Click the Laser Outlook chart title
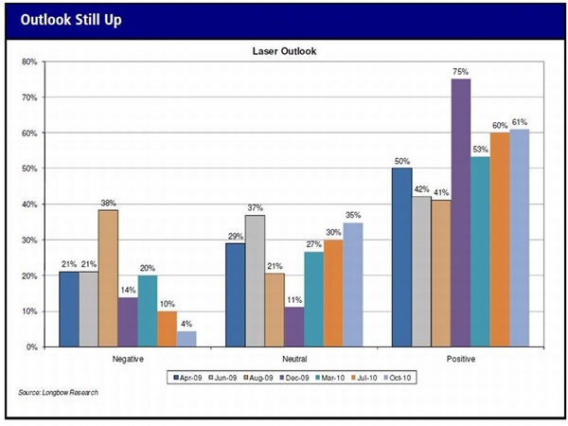284,50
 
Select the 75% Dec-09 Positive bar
460,212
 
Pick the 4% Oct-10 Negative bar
187,339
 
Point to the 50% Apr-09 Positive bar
401,257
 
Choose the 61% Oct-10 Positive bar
520,238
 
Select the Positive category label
461,360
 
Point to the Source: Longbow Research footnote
58,392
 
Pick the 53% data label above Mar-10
480,150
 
